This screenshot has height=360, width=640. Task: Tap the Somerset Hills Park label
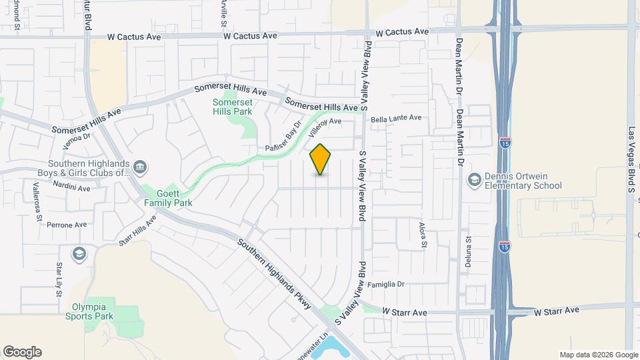pos(233,107)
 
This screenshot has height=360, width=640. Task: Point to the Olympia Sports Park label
pos(93,311)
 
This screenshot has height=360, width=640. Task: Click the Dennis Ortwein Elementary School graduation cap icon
pos(474,179)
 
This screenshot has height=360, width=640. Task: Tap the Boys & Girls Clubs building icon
pos(140,166)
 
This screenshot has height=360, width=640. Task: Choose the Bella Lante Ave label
pos(397,118)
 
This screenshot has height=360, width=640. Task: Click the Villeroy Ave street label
pos(325,127)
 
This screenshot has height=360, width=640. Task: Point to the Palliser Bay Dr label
pos(283,137)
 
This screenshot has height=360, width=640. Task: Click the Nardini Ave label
pos(71,187)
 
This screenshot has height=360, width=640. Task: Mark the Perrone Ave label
pos(67,225)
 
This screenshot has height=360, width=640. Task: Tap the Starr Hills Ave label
pos(137,230)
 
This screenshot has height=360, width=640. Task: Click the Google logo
pos(22,352)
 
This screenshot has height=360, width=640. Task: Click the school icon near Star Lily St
pos(79,253)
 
